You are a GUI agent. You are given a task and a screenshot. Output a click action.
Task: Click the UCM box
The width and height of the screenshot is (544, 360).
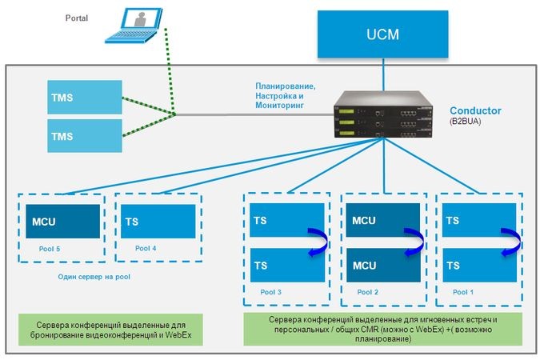pos(382,34)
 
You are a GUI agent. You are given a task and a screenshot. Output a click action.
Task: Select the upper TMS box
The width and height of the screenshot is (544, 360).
pos(84,96)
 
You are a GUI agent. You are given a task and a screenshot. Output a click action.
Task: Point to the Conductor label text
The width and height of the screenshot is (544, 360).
pos(475,110)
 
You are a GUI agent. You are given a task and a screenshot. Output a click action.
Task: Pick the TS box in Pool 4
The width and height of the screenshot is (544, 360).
pos(158,221)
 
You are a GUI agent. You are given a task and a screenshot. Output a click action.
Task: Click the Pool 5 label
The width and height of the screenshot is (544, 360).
pos(50,249)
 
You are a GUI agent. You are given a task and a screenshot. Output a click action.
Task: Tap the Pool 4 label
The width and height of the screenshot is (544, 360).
pos(146,249)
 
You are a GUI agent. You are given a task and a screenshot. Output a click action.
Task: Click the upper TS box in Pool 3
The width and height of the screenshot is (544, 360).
pos(287,219)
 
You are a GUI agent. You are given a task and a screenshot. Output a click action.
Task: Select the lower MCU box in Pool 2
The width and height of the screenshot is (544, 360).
pos(382,265)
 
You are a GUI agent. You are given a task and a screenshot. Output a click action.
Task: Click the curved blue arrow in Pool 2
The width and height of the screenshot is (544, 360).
pos(414,242)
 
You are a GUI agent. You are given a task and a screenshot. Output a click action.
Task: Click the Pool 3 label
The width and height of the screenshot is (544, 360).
pos(272,292)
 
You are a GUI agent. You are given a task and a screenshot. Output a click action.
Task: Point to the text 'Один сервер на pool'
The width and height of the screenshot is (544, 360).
pos(94,276)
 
